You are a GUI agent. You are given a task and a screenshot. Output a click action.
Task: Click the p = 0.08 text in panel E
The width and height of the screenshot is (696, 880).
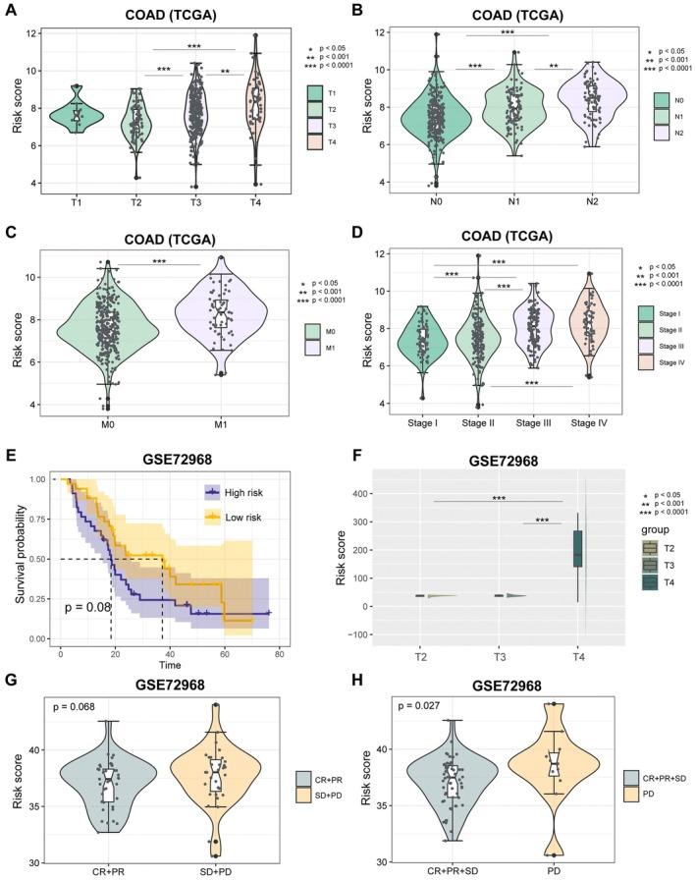tap(90, 607)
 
